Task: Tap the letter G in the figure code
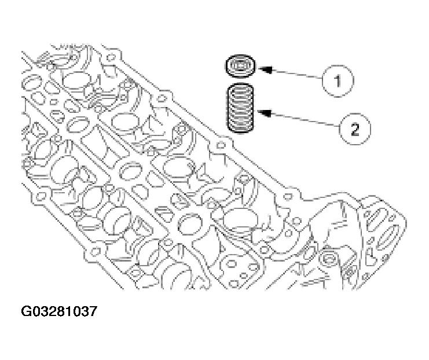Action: [x=27, y=313]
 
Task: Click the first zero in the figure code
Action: [x=36, y=313]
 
